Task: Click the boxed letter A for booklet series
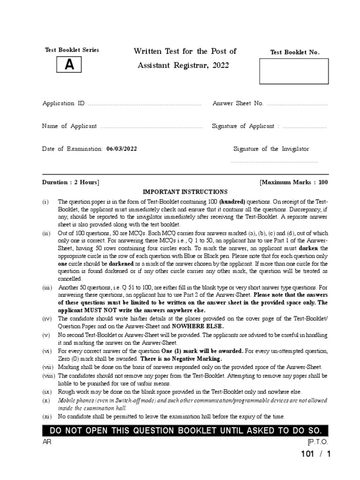69,66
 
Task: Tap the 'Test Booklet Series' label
72,50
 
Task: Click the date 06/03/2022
122,149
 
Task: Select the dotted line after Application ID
144,104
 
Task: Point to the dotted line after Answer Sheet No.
297,104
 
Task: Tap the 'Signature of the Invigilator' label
271,149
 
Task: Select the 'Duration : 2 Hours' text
70,182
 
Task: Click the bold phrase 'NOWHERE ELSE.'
198,326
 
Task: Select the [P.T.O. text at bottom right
318,442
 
